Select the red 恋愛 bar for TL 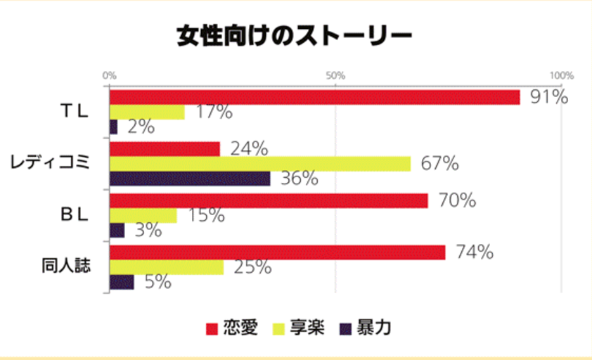tap(314, 98)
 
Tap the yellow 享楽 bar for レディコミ tap(259, 164)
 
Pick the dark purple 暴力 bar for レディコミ tap(190, 179)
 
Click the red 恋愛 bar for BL tap(269, 201)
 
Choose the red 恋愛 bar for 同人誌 tap(277, 252)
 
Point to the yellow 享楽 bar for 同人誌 tap(167, 267)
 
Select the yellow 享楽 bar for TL tap(147, 112)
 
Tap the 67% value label tap(439, 164)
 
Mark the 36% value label tap(299, 179)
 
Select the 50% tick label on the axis tap(335, 75)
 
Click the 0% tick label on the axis tap(109, 75)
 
